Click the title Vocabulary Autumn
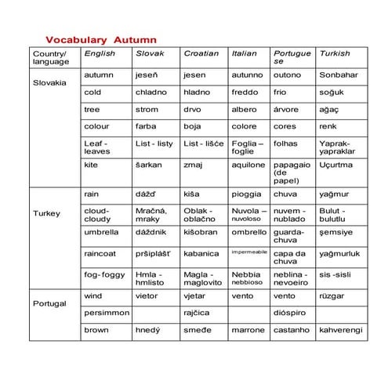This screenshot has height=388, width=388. tap(101, 39)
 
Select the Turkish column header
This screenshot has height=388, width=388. tap(335, 53)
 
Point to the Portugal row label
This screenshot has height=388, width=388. tap(49, 303)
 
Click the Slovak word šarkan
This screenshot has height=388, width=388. tap(149, 165)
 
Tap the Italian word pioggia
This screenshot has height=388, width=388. tap(247, 193)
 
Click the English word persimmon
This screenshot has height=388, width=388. tap(107, 313)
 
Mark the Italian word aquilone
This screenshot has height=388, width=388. tap(248, 165)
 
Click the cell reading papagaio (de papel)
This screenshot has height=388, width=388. tap(292, 172)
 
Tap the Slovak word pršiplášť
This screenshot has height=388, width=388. tap(154, 254)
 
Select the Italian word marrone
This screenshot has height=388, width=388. tap(248, 332)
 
